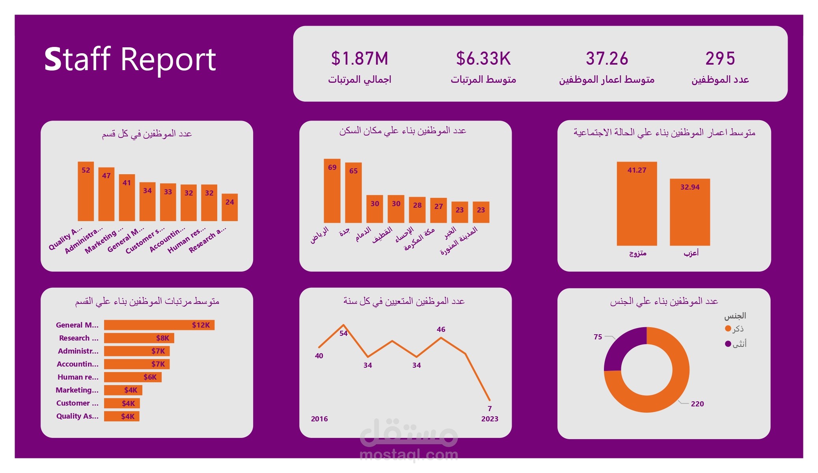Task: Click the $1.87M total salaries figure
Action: coord(360,59)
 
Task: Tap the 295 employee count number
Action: coord(720,59)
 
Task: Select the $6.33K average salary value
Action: coord(483,59)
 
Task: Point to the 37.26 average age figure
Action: coord(607,59)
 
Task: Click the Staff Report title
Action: coord(130,60)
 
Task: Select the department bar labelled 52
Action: coord(86,192)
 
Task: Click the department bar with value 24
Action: coord(229,208)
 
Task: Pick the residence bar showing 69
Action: coord(332,191)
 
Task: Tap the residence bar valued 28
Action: coord(417,210)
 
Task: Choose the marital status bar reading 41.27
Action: coord(637,204)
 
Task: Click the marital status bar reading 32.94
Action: coord(689,212)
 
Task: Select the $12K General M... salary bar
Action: coord(159,325)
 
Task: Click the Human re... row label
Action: coord(78,377)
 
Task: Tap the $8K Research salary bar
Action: coord(139,338)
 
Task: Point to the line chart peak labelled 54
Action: coord(343,326)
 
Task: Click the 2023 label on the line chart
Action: coord(490,419)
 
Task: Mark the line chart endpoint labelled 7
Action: coord(489,400)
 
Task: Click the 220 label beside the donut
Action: coord(697,404)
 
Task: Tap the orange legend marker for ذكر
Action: coord(728,328)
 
